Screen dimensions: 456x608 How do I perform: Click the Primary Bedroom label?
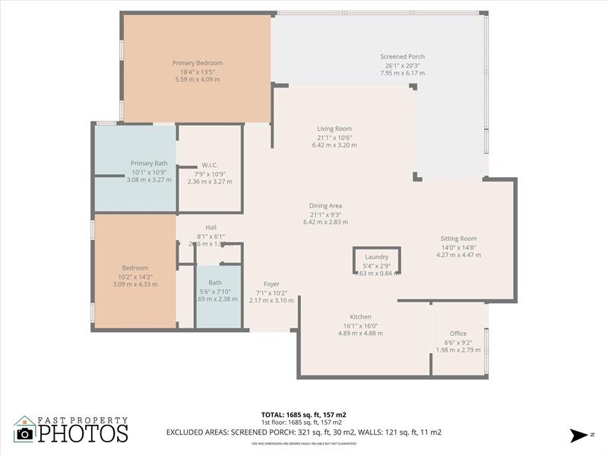[198, 63]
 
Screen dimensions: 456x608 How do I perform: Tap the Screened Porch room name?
[403, 56]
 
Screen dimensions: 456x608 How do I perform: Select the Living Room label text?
[334, 128]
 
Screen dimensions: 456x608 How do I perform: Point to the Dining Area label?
[325, 205]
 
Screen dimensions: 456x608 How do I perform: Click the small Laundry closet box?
[377, 261]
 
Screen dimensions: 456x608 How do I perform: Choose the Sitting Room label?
[458, 239]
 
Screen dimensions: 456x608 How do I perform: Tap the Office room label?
[458, 334]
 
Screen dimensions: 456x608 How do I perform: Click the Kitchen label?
[360, 317]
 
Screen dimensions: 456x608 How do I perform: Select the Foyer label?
[271, 283]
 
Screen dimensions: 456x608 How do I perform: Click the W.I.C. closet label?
[210, 165]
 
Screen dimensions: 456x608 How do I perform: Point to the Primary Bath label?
[149, 163]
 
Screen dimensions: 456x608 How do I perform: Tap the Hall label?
[211, 227]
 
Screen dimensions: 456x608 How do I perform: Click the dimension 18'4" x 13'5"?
[198, 72]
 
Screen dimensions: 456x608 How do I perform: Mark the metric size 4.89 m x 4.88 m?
[360, 334]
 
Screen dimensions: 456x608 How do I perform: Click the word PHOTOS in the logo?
[84, 432]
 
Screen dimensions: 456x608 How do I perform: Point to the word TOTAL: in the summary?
[272, 415]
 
